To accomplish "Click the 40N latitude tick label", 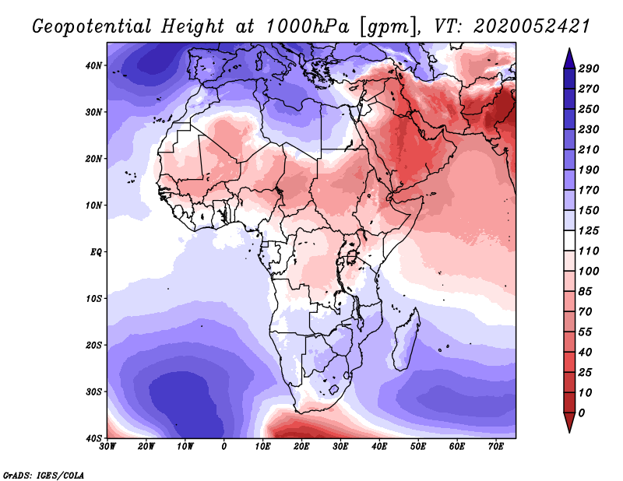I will tap(94, 65).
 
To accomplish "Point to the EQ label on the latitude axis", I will tap(96, 252).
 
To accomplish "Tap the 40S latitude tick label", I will tap(94, 438).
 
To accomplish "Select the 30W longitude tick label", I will tap(107, 447).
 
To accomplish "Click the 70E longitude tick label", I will tap(495, 447).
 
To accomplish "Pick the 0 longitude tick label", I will tap(224, 447).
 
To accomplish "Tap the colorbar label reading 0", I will tap(582, 412).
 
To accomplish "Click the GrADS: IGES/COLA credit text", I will tap(44, 474).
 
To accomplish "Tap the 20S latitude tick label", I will tap(94, 345).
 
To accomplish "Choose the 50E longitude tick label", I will tap(418, 447).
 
